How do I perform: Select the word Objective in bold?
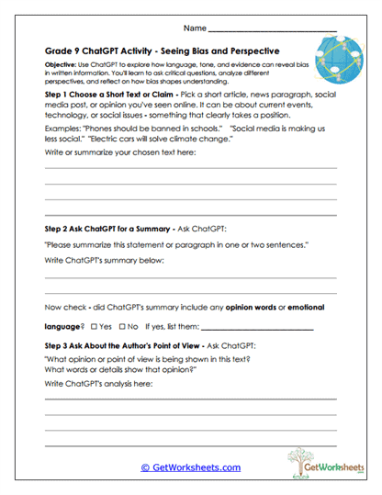click(x=62, y=67)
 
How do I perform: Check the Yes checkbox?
click(x=95, y=326)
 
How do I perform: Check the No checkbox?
click(x=123, y=326)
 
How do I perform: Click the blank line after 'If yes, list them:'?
click(x=257, y=328)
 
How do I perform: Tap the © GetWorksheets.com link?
click(x=190, y=467)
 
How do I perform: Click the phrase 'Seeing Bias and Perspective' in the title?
click(x=222, y=51)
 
